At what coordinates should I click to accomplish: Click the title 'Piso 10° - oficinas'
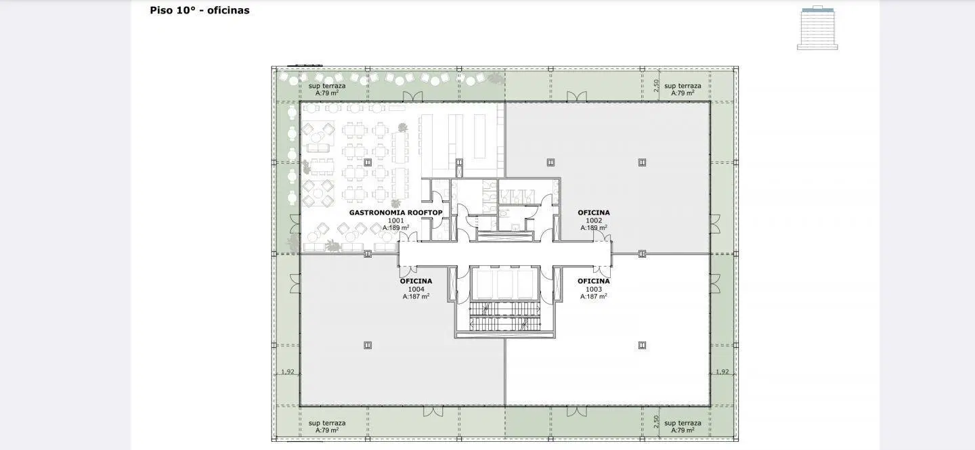tap(200, 10)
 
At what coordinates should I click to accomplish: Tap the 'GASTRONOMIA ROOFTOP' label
tap(395, 212)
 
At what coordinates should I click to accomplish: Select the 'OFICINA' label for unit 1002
tap(594, 212)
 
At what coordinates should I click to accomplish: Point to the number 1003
tap(594, 289)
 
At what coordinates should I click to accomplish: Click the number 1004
tap(416, 289)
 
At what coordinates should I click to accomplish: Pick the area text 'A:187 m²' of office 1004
tap(416, 296)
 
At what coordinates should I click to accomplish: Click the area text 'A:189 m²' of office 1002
tap(594, 227)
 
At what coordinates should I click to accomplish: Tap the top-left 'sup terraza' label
tap(327, 86)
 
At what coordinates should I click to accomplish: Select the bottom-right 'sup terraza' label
tap(682, 423)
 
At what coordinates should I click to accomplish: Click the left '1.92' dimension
tap(288, 372)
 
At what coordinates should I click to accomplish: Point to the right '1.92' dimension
tap(722, 372)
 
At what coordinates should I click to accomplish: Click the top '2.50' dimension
tap(656, 86)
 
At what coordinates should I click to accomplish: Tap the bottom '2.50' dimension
tap(656, 422)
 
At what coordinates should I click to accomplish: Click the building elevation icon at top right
tap(817, 28)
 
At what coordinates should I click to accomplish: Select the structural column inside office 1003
tap(642, 345)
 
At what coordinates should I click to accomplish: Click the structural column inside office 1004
tap(368, 345)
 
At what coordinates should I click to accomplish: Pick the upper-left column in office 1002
tap(550, 162)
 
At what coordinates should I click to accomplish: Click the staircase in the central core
tap(505, 317)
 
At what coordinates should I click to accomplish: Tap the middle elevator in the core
tap(505, 284)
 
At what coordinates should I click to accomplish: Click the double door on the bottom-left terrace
tap(433, 411)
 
